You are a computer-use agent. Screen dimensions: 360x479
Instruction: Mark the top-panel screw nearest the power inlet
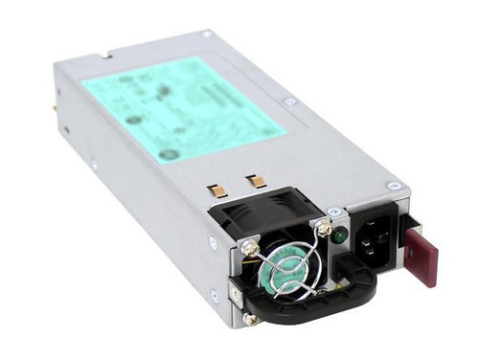point(392,186)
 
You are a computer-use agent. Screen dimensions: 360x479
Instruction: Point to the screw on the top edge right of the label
point(289,101)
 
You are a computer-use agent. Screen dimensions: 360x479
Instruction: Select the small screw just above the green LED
point(332,211)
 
